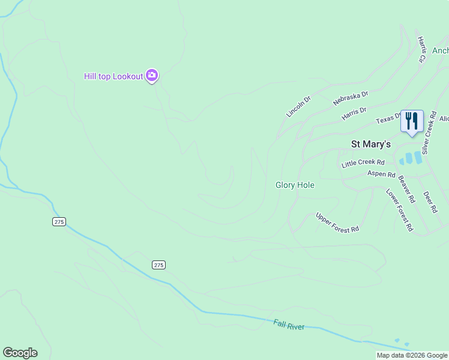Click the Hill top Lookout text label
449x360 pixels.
113,76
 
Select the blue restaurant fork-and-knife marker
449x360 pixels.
412,121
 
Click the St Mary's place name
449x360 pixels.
370,144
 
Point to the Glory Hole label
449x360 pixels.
295,185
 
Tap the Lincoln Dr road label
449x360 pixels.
299,106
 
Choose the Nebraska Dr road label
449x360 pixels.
351,98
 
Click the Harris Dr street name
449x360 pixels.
354,112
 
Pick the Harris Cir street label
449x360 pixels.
421,50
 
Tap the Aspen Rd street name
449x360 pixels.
381,175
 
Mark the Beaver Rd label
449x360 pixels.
407,189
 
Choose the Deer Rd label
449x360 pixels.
431,202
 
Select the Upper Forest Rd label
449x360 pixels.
337,222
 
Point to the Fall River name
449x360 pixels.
289,325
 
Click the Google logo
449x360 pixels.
20,353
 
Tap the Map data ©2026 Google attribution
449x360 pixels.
412,355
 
